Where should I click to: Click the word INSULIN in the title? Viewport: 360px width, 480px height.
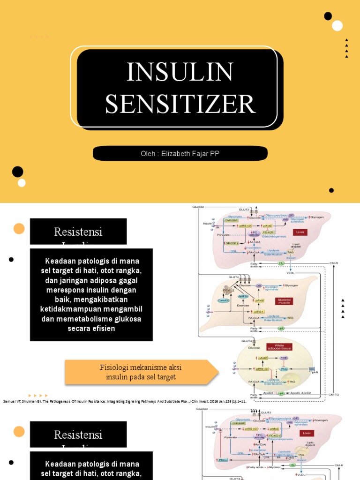pos(180,72)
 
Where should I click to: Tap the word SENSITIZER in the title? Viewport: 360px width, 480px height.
pos(180,104)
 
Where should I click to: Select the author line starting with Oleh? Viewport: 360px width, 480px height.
pos(180,154)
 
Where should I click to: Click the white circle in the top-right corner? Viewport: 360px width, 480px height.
pos(337,26)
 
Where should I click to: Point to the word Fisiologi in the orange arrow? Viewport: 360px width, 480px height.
pos(115,367)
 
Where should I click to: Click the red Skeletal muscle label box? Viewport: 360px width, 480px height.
pos(284,300)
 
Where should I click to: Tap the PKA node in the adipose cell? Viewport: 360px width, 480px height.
pos(284,369)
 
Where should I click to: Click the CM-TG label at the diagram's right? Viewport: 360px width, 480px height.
pos(334,394)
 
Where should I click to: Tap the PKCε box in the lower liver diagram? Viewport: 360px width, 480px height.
pos(223,460)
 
